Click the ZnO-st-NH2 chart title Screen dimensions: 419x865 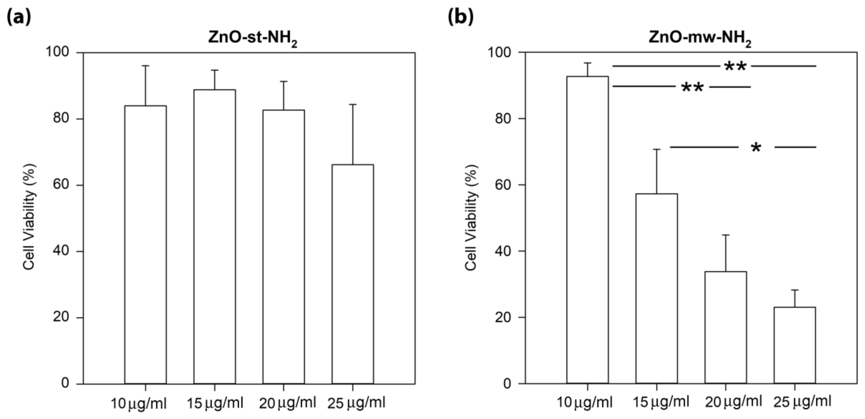click(x=252, y=38)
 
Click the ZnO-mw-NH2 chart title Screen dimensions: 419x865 click(x=700, y=38)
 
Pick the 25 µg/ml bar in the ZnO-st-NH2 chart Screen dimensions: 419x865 click(x=353, y=274)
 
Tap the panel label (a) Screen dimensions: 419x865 click(x=18, y=16)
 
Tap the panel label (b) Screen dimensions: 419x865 click(x=461, y=16)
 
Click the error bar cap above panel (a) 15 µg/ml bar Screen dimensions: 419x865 click(x=215, y=70)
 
